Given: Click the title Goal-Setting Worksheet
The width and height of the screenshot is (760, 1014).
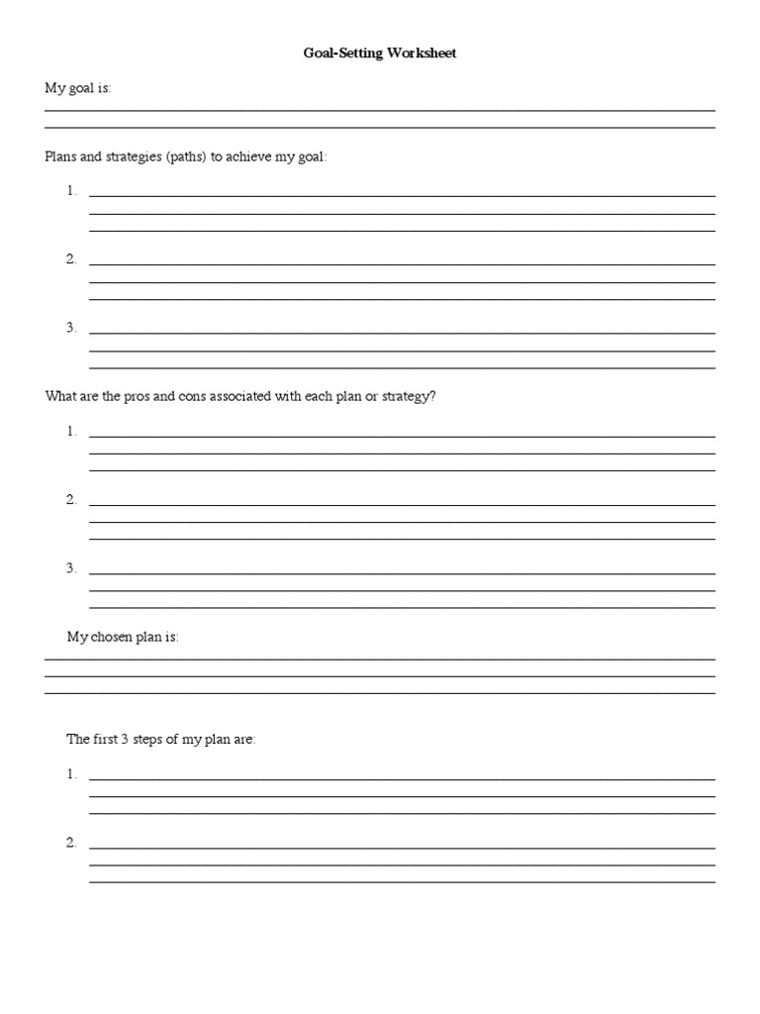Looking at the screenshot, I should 380,53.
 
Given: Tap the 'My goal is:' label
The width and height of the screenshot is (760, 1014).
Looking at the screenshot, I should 78,88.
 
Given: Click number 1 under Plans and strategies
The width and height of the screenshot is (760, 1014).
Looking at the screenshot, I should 71,191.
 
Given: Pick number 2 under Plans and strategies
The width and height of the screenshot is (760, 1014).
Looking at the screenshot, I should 71,259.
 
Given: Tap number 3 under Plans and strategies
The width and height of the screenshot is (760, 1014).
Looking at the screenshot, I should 71,328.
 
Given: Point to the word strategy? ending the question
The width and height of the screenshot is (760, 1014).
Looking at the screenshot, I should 408,396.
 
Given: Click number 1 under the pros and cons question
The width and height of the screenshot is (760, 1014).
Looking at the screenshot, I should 71,431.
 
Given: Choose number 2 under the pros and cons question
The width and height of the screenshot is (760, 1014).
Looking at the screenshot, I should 71,499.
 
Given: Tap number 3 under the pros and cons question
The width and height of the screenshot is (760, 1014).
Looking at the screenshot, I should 71,567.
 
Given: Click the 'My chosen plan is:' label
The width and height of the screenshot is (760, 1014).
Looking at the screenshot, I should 123,637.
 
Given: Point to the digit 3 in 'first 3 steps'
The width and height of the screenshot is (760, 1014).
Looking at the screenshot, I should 126,740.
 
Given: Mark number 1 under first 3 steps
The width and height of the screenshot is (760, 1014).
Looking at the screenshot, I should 71,774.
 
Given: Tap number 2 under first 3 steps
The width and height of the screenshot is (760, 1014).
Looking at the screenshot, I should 71,843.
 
